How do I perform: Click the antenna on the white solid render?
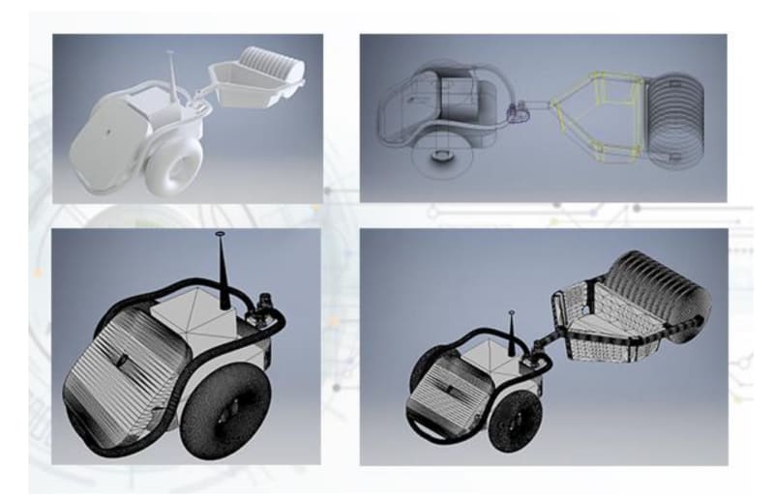point(172,72)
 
